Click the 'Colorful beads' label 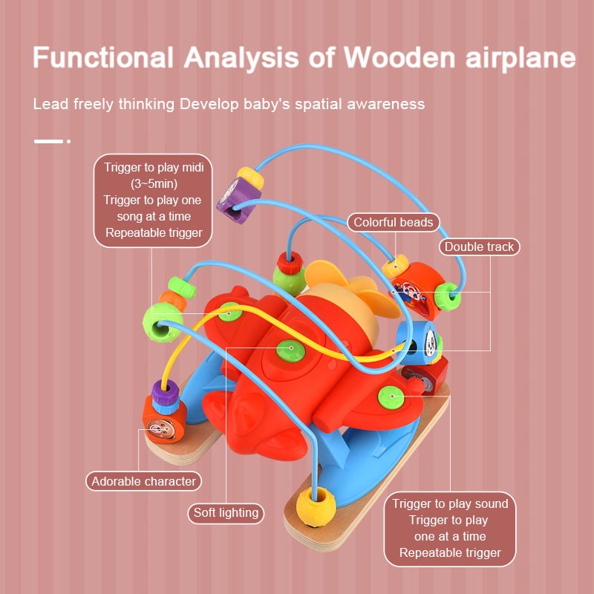(x=393, y=222)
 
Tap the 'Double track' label (x=479, y=247)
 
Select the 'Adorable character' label (x=144, y=481)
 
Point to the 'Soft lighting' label (x=226, y=512)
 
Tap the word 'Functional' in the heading (x=102, y=59)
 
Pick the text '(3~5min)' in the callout (x=154, y=183)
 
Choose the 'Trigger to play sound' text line (x=450, y=504)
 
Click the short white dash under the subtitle (x=49, y=140)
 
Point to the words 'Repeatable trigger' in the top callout (x=154, y=232)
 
